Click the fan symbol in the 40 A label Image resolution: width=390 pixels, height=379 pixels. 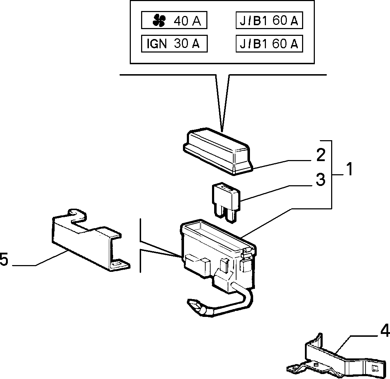point(159,20)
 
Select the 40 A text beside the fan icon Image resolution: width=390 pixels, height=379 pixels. point(187,21)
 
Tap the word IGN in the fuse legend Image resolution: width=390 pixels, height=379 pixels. point(157,44)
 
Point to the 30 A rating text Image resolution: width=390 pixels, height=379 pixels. point(187,44)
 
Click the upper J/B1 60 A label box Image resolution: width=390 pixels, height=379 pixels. point(269,20)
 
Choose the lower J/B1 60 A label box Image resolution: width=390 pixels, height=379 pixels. point(269,44)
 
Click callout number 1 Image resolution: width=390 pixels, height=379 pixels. point(350,169)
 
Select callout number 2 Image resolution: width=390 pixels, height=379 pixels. point(321,155)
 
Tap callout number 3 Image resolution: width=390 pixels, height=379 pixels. point(321,180)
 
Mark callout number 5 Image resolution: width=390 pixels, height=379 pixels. point(4,259)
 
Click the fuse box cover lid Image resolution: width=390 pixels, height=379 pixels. point(218,152)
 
